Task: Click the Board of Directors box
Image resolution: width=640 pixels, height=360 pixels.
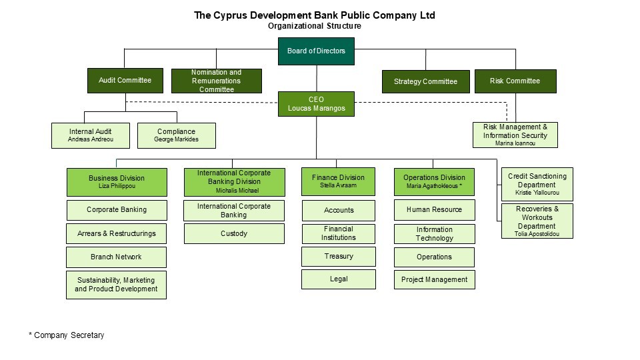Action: click(316, 51)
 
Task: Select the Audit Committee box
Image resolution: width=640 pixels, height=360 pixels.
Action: click(125, 81)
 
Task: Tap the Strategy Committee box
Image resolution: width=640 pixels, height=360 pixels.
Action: click(425, 81)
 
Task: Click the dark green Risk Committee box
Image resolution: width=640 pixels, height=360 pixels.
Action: click(515, 81)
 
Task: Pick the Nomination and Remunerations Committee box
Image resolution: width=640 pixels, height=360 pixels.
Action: click(216, 81)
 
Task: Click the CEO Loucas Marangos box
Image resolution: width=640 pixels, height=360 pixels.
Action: click(316, 104)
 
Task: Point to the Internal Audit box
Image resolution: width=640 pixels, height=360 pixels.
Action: click(90, 135)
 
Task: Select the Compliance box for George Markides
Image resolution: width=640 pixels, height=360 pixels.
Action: click(176, 135)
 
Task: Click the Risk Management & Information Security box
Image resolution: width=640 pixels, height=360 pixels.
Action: click(515, 135)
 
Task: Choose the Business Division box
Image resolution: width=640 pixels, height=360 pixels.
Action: click(117, 182)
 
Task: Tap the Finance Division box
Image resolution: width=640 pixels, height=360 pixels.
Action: click(338, 181)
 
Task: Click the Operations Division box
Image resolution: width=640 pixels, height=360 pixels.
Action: click(434, 181)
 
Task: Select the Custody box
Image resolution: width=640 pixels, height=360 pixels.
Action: click(234, 233)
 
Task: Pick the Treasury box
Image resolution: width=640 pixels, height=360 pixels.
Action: click(339, 256)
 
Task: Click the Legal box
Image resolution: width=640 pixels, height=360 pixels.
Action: click(339, 279)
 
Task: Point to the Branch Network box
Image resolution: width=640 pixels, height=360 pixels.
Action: click(116, 257)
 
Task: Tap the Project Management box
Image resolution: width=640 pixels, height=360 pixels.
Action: click(434, 279)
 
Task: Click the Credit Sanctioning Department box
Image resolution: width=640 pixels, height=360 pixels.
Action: click(537, 185)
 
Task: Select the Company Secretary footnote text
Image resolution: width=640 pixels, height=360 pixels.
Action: click(66, 335)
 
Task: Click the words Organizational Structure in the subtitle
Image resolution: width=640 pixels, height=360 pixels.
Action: click(315, 26)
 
